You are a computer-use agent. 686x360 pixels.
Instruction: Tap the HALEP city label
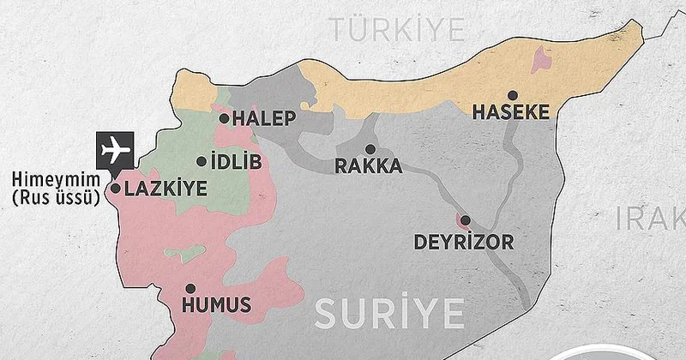(265, 119)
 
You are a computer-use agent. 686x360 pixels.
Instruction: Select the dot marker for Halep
(225, 118)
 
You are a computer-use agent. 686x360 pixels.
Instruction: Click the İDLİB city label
(235, 161)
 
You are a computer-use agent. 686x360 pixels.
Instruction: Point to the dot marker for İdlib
(202, 160)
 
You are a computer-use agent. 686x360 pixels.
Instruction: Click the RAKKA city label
(368, 166)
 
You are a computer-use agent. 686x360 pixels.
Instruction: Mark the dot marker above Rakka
(370, 148)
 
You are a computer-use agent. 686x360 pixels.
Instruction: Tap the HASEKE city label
(510, 113)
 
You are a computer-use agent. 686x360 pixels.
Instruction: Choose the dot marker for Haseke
(512, 95)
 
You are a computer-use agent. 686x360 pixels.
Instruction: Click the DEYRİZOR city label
(464, 242)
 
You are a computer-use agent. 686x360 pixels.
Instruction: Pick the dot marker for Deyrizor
(466, 222)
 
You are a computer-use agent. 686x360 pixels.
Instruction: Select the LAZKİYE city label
(165, 189)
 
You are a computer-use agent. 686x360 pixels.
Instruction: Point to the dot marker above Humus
(190, 289)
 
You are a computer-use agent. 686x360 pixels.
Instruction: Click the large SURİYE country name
(388, 313)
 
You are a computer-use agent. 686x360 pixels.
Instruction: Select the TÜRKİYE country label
(400, 29)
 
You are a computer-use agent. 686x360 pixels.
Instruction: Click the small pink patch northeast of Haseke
(542, 58)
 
